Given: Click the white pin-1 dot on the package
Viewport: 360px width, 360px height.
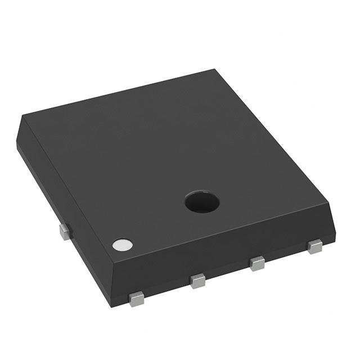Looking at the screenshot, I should tap(122, 245).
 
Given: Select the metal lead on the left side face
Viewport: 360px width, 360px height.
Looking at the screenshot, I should tap(64, 231).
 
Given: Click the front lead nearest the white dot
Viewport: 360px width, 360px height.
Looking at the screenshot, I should tap(136, 299).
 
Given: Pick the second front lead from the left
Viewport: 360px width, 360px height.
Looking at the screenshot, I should tap(197, 280).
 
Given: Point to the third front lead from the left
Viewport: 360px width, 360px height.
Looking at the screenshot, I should tap(258, 262).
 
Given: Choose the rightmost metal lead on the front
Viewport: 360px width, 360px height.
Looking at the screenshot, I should tap(315, 245).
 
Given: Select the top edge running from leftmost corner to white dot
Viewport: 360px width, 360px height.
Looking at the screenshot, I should tap(67, 186).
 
